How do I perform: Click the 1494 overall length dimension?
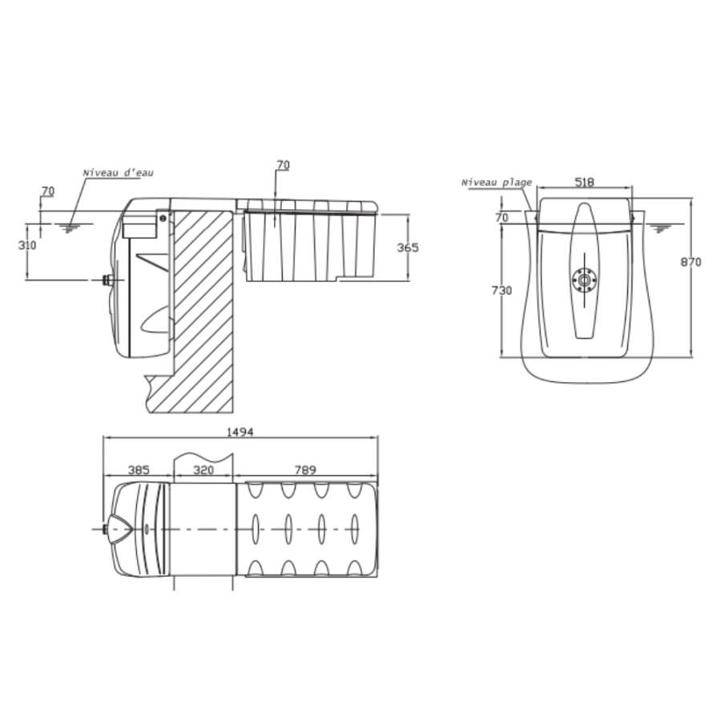[240, 432]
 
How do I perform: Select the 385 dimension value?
[139, 470]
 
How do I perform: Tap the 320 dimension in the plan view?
[203, 470]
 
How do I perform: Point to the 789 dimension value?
[305, 470]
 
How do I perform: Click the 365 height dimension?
[408, 248]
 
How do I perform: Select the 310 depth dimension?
[27, 245]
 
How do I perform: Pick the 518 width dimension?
[585, 182]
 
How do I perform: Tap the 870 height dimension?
[691, 262]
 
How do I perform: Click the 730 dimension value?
[501, 291]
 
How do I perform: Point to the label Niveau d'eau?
[118, 172]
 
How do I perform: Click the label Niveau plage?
[496, 183]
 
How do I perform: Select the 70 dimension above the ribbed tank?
[283, 165]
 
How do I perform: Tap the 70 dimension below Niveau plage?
[501, 216]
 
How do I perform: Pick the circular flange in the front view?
[584, 279]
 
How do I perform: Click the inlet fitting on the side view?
[107, 280]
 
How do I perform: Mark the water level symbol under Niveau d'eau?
[71, 228]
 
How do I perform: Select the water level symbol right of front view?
[661, 228]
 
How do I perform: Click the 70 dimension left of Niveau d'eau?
[47, 191]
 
